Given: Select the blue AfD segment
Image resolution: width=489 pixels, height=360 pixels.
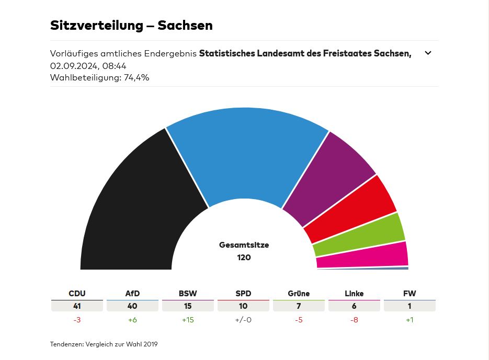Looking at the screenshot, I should click(246, 152).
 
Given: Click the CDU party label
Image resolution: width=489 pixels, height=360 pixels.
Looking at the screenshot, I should click(77, 294).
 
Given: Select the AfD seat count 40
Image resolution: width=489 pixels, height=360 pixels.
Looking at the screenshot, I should click(132, 306).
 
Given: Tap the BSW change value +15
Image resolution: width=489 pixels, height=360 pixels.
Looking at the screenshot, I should click(188, 320).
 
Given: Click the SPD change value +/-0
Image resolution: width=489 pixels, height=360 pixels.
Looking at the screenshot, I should click(243, 320).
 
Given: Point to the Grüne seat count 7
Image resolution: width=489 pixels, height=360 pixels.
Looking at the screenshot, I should click(299, 306).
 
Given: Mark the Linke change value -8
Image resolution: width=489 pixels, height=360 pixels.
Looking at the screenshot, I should click(354, 320).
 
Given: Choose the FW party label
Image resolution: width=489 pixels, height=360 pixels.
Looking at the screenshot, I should click(410, 294).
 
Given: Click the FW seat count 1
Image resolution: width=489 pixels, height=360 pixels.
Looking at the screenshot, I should click(410, 306).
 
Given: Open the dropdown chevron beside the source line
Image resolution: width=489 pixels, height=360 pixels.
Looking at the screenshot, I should click(428, 53).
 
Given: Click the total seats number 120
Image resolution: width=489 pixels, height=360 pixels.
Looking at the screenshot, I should click(244, 257).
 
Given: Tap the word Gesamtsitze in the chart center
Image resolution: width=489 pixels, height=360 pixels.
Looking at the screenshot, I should click(244, 245).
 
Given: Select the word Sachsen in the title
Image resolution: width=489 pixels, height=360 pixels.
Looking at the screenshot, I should click(185, 25).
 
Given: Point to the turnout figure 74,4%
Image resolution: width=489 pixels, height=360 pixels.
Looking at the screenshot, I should click(137, 77).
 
